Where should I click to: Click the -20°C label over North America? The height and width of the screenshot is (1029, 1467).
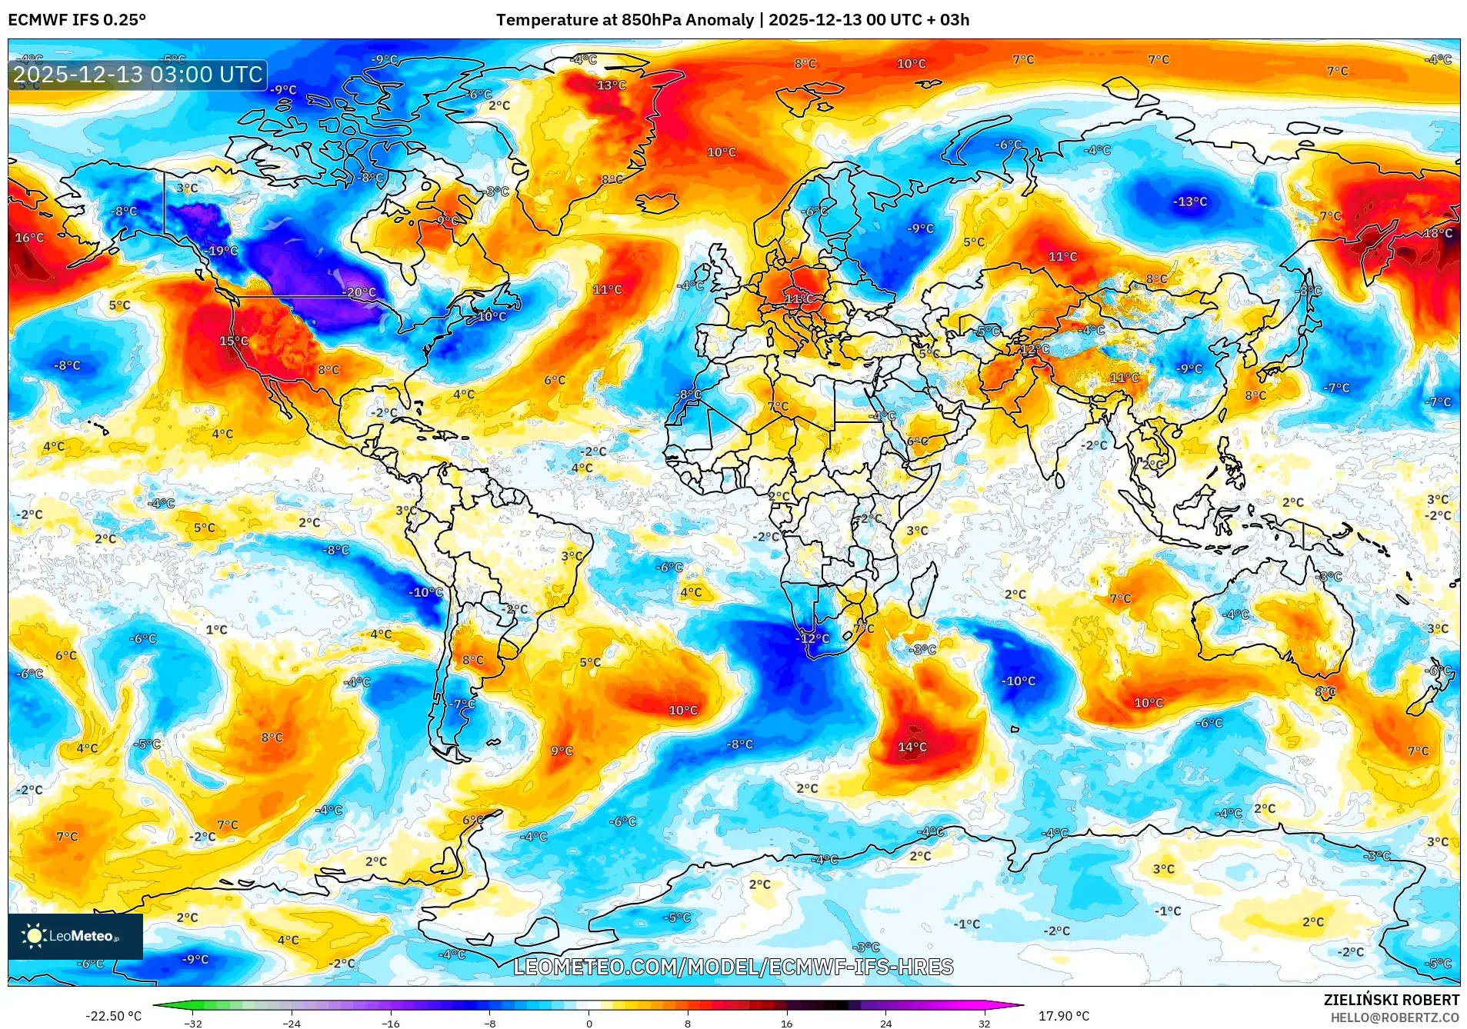coord(360,293)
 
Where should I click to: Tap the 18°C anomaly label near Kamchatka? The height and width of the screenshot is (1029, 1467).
coord(1437,234)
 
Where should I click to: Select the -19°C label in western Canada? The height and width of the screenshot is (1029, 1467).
coord(222,251)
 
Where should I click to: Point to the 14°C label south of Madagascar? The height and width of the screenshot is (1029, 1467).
coord(912,747)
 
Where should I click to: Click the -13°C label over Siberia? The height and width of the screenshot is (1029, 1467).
coord(1189,201)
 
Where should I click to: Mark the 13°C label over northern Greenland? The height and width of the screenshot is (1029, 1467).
coord(612,85)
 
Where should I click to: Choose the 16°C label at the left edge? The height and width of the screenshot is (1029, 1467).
coord(29,238)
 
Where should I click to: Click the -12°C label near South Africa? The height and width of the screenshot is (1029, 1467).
coord(812,638)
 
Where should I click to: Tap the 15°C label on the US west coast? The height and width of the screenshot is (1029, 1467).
coord(234,341)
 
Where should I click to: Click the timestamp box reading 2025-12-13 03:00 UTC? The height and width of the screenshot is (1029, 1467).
coord(138,75)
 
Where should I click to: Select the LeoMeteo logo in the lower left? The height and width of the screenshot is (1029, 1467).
coord(75,936)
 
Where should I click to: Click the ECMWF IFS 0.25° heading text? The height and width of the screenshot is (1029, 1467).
coord(77,20)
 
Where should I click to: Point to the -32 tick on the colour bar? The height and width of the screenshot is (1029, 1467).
coord(193,1023)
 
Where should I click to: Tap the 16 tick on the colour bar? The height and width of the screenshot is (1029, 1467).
coord(786,1023)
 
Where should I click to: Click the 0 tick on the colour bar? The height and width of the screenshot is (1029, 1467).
coord(589,1023)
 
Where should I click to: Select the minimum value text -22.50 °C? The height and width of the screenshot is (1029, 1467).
coord(113,1016)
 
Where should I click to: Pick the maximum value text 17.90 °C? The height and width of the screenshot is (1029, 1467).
coord(1064,1016)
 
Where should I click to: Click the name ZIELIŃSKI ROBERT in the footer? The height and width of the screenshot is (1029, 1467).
coord(1391,1000)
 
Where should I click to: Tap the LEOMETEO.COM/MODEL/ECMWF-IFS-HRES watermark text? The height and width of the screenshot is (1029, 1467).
coord(733,967)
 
